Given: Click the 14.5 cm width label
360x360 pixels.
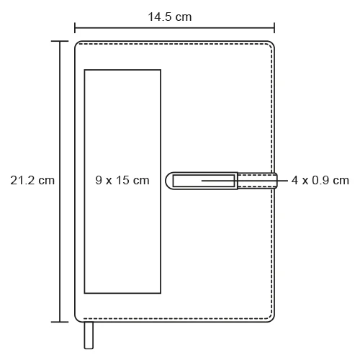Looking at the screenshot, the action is [170, 17].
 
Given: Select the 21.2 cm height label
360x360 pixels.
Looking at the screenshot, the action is [32, 180].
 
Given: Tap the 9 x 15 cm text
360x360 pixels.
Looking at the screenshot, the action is [122, 180].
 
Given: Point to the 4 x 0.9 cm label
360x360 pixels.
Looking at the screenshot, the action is [320, 180].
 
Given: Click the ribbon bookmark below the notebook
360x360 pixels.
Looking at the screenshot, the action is [89, 336].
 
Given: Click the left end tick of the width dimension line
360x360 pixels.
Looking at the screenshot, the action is [75, 28].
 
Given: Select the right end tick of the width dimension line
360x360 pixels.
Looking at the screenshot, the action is [274, 28].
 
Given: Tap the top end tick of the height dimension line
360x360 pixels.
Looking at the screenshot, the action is [60, 42].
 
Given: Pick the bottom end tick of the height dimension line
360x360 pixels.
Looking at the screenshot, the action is [60, 322].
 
